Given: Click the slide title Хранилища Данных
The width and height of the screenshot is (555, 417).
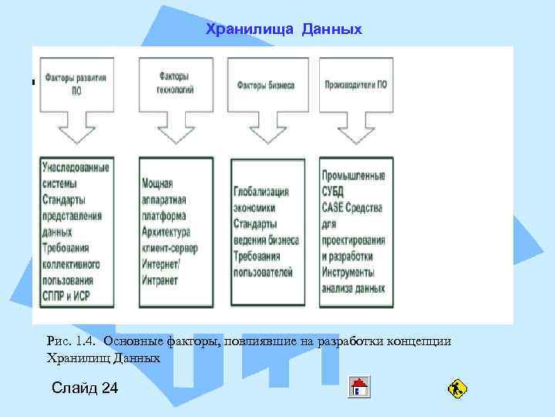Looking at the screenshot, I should point(284,29).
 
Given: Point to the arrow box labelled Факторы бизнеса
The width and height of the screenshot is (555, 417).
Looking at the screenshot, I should point(266,85).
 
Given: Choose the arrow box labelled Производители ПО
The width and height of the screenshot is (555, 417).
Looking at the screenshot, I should point(355,85).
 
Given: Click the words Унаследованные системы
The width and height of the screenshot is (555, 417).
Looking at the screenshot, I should point(76,175).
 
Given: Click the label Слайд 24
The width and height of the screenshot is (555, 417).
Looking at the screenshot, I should point(85,388).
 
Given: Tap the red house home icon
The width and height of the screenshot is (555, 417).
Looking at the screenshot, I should point(359,387).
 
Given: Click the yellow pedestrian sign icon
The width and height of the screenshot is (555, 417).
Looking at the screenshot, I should point(457,388).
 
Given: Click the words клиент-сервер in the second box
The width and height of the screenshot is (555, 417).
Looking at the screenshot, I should point(169,248).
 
